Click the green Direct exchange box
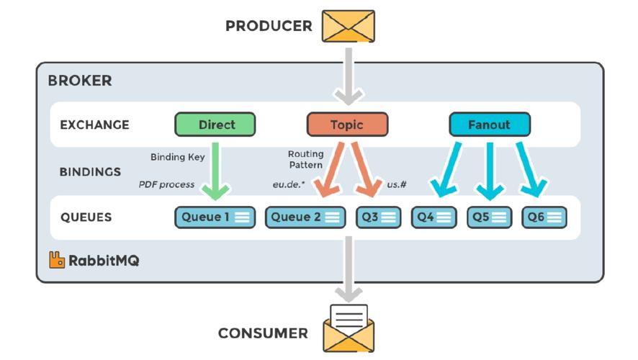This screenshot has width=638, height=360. click(x=215, y=125)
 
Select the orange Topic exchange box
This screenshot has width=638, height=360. click(x=347, y=125)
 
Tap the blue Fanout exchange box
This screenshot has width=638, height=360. click(x=489, y=125)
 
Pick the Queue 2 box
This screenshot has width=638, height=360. click(x=305, y=217)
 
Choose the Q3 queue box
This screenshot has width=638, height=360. click(x=378, y=217)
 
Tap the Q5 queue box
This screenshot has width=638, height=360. click(x=490, y=217)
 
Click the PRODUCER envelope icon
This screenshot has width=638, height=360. click(x=348, y=26)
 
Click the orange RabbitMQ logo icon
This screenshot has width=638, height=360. click(x=57, y=260)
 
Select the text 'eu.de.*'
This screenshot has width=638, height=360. click(x=288, y=185)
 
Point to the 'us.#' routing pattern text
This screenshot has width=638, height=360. click(x=397, y=185)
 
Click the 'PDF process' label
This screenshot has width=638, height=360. click(x=166, y=185)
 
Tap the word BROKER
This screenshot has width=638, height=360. click(x=80, y=81)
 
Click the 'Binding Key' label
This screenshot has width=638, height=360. click(x=177, y=157)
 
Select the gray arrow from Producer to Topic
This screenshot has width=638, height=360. click(x=348, y=75)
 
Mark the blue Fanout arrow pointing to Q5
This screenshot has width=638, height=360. click(x=490, y=168)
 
